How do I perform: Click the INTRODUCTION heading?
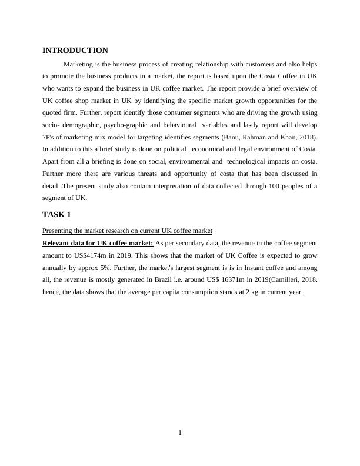[75, 51]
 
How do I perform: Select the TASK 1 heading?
[56, 215]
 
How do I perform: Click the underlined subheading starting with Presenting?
[127, 230]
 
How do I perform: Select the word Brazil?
[179, 281]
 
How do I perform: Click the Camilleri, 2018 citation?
[292, 281]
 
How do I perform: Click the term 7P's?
[51, 138]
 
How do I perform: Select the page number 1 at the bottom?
[180, 434]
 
